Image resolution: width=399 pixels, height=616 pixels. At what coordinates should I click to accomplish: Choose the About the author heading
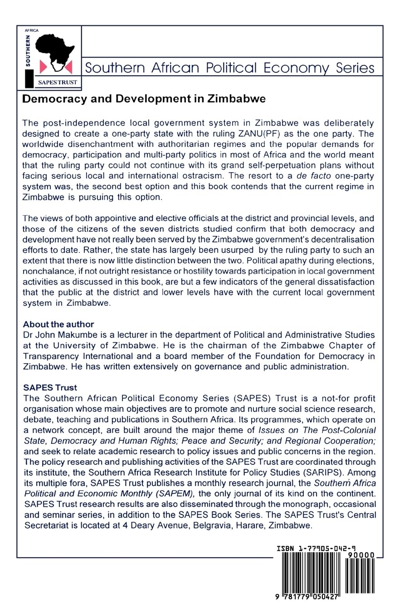pyautogui.click(x=58, y=324)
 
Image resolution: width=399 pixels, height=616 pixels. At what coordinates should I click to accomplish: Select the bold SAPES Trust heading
pyautogui.click(x=50, y=388)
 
